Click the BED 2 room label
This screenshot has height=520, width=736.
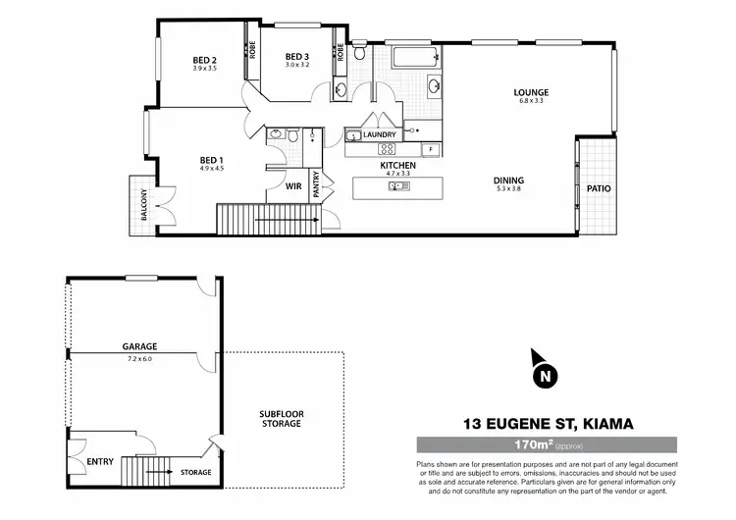click(x=204, y=61)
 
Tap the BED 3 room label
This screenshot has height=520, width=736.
click(x=297, y=56)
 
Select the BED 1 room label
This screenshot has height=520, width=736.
click(x=212, y=160)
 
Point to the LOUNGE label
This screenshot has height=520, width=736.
click(x=530, y=93)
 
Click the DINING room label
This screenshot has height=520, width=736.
click(x=509, y=181)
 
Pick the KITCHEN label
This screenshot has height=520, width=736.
click(x=398, y=166)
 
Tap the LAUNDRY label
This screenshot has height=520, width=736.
click(x=379, y=134)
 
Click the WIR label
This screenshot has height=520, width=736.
click(x=292, y=184)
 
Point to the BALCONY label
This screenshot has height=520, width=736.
click(x=142, y=206)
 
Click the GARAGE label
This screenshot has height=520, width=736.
click(x=140, y=346)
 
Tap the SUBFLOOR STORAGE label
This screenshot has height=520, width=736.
click(x=281, y=418)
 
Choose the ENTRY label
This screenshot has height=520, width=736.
click(x=100, y=460)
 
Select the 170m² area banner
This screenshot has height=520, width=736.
click(x=547, y=444)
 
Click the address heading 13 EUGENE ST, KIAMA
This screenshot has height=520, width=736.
click(x=547, y=424)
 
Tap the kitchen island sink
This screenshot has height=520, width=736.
click(x=398, y=184)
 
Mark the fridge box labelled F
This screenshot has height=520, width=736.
click(x=429, y=149)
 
